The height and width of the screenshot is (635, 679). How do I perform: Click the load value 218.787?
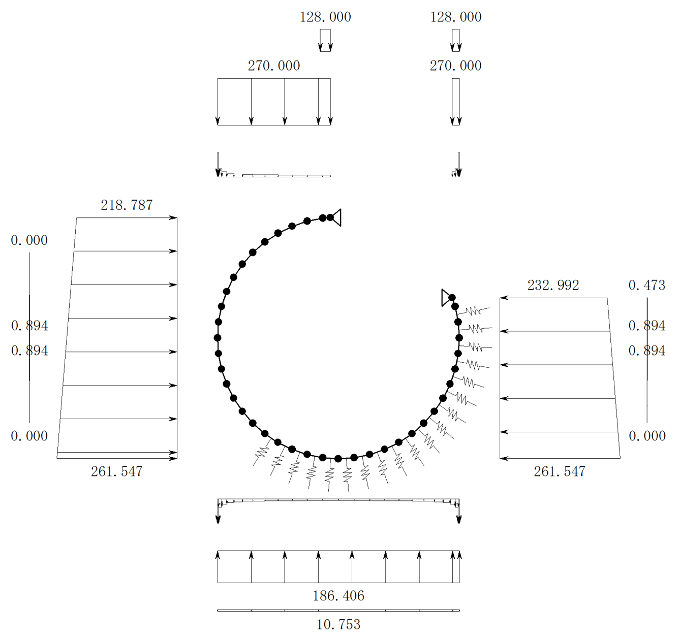tap(127, 205)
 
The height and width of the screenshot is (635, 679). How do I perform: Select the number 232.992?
tap(553, 285)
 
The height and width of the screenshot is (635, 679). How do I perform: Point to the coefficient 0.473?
tap(647, 285)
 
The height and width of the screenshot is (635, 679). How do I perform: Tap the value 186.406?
tap(338, 596)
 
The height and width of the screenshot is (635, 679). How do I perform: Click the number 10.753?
tap(338, 625)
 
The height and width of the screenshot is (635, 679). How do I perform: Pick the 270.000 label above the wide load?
tap(274, 66)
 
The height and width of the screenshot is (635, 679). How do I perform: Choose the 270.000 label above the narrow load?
tap(455, 66)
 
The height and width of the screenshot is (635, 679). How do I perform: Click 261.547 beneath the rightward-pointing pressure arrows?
tap(116, 471)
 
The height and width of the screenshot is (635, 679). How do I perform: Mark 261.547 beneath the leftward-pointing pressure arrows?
tap(560, 471)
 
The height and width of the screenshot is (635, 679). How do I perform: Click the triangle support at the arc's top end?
tap(337, 217)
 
